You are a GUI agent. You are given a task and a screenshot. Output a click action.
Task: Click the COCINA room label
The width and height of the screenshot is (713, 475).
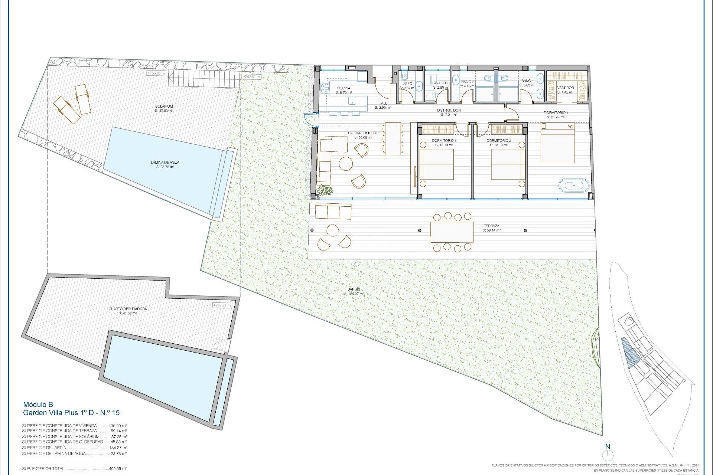point(343,88)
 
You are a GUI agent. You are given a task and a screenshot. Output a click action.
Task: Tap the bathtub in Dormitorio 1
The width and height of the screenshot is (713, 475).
point(574,185)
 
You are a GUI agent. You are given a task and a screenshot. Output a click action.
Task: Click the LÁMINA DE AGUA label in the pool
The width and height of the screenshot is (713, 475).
point(165,163)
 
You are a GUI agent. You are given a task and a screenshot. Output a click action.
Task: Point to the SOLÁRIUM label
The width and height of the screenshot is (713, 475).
point(164,107)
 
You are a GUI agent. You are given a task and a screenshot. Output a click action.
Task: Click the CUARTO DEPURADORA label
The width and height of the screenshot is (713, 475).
point(128,309)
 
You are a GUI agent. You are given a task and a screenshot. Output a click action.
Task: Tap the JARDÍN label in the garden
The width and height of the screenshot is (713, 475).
point(354,289)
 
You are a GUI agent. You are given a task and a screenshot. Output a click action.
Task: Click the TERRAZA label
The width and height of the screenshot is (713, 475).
point(491,226)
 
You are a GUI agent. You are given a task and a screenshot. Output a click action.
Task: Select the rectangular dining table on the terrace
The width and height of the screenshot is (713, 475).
point(452,232)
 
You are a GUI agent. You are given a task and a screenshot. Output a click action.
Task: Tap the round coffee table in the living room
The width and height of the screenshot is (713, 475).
point(346,164)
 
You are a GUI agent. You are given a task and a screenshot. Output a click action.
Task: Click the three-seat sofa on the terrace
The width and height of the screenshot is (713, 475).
point(333,212)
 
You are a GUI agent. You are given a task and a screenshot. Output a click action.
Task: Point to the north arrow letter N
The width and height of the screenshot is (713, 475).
point(608,446)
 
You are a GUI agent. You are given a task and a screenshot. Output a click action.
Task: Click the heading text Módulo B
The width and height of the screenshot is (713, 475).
point(38,404)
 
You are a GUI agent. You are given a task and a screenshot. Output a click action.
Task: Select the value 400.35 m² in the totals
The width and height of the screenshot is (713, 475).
point(118,469)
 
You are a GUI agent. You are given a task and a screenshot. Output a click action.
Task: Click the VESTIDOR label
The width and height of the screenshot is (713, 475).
point(566,88)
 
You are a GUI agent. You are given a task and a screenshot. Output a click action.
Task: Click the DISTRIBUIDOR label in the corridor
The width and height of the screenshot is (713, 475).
point(449,110)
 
